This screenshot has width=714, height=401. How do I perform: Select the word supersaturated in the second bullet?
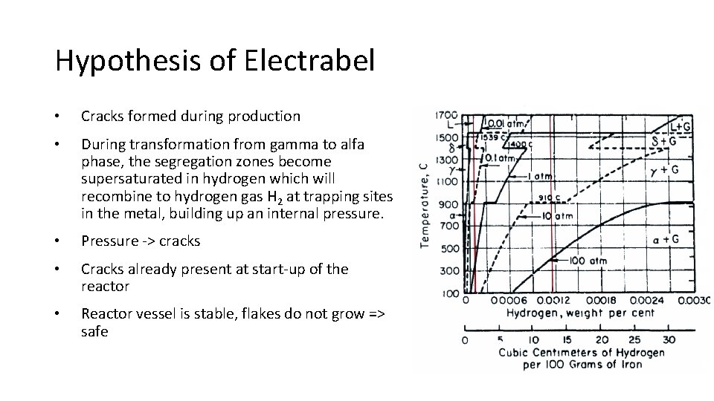tap(126, 179)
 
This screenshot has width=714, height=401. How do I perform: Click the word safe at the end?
tap(94, 331)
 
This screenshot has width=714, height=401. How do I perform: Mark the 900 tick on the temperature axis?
tap(448, 203)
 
